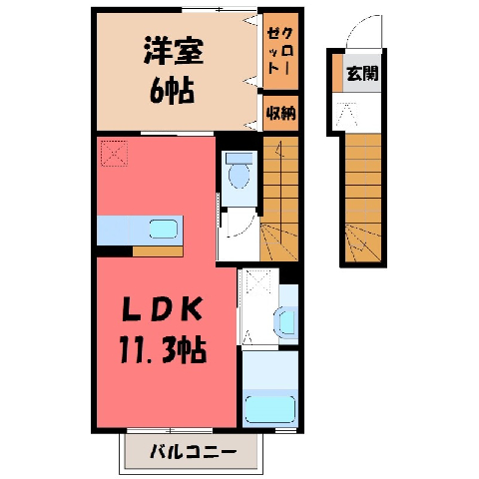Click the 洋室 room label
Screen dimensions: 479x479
[174, 52]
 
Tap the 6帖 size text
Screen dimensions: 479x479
[172, 90]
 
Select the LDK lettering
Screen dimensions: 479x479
[163, 309]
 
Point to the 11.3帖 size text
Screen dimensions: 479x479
[163, 350]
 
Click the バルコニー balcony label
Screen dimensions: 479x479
[194, 452]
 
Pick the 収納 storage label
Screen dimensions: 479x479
[281, 114]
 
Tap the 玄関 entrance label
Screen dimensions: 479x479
[362, 74]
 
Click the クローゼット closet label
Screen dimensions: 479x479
[280, 51]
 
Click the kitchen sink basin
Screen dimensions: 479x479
[164, 229]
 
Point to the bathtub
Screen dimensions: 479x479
[270, 409]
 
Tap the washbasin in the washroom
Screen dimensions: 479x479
[285, 322]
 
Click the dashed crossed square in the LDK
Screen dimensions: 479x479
[114, 154]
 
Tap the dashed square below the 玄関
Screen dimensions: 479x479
[346, 114]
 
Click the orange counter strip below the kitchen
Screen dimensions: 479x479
[158, 251]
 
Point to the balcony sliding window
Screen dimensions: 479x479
[170, 430]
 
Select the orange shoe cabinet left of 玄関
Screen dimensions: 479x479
[337, 73]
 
